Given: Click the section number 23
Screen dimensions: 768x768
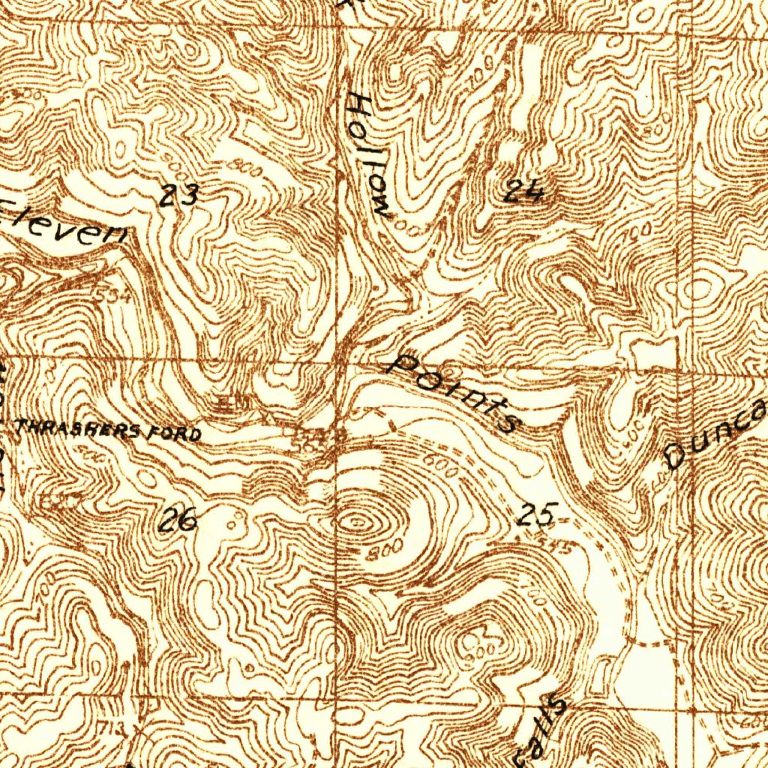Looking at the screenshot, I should [x=179, y=196].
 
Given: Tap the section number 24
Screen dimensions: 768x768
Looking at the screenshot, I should [x=523, y=193].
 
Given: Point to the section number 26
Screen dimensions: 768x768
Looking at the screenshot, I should [x=180, y=519].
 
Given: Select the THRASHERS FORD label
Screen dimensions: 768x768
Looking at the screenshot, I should [x=109, y=430].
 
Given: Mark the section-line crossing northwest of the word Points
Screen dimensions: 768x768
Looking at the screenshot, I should [x=340, y=363].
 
